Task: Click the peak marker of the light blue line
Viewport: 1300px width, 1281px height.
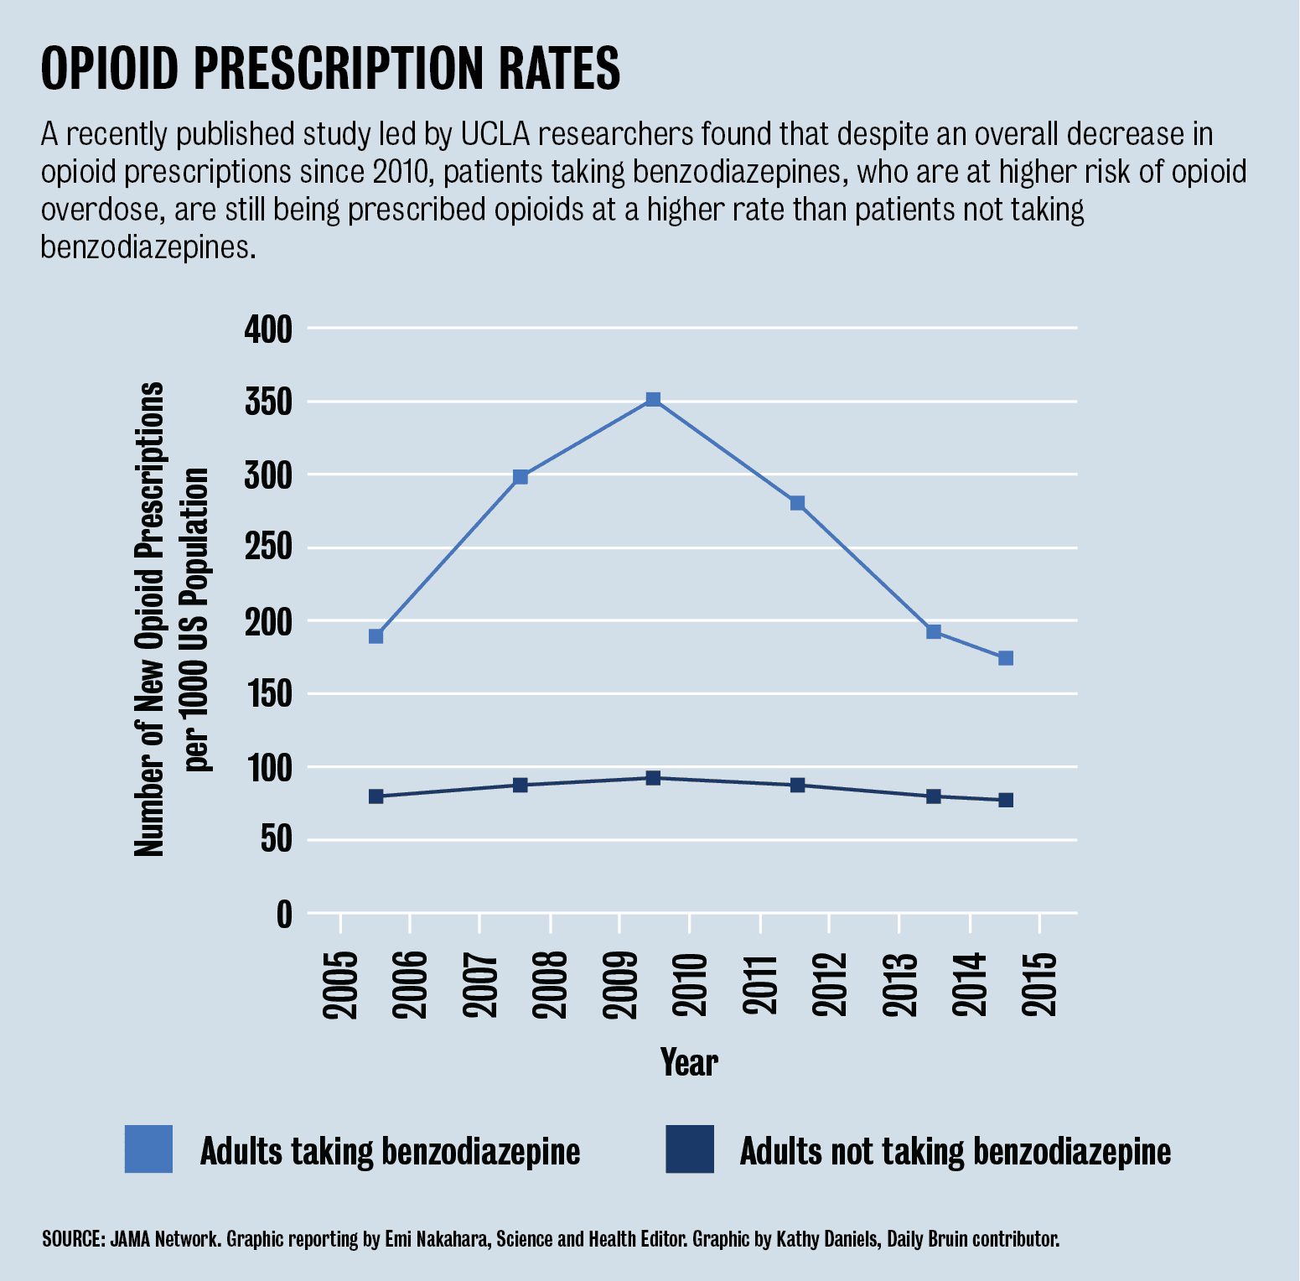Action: (x=653, y=399)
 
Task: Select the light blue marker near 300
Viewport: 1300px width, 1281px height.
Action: (x=520, y=477)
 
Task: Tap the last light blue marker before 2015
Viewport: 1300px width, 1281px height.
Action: (x=1006, y=658)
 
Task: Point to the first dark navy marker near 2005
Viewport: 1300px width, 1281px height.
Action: (x=376, y=796)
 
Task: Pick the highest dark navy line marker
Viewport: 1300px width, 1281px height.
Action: (x=653, y=778)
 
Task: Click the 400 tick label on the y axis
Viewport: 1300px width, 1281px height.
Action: (x=268, y=329)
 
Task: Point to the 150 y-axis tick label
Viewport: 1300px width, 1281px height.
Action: (x=268, y=694)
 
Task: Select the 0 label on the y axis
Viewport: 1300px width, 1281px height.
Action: (x=284, y=914)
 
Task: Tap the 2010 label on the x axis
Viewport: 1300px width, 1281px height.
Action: (x=690, y=985)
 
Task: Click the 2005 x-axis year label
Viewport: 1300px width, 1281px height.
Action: (x=340, y=985)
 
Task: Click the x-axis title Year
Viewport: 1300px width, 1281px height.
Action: (x=689, y=1062)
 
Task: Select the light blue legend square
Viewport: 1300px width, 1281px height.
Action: (x=148, y=1149)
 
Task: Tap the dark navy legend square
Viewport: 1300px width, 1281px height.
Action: (x=690, y=1149)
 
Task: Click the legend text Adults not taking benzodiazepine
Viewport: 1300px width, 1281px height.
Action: (x=955, y=1151)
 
